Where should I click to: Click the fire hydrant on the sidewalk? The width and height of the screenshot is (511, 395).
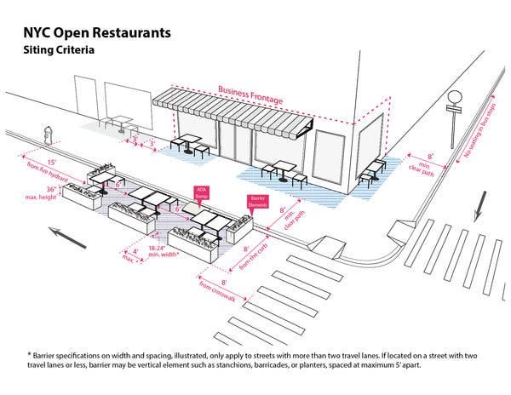coord(49,133)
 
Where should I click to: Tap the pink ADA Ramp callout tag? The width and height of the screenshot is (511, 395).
coord(203,193)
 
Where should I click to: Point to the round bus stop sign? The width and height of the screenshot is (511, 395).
coord(454,98)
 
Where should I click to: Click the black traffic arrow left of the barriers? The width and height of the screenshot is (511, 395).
coord(67,236)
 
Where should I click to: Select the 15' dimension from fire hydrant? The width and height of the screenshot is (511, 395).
coord(52,161)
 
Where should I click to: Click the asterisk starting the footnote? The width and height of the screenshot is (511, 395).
coord(28,352)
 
